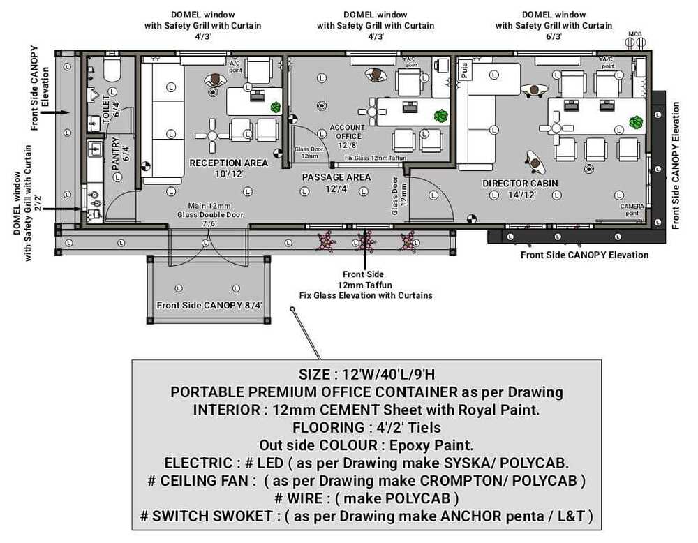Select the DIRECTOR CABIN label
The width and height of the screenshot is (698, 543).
520,184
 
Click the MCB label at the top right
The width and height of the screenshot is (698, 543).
634,34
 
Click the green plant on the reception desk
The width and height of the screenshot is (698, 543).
276,107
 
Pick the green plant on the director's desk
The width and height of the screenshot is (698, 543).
635,122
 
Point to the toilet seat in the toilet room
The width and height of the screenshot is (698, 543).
112,69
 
